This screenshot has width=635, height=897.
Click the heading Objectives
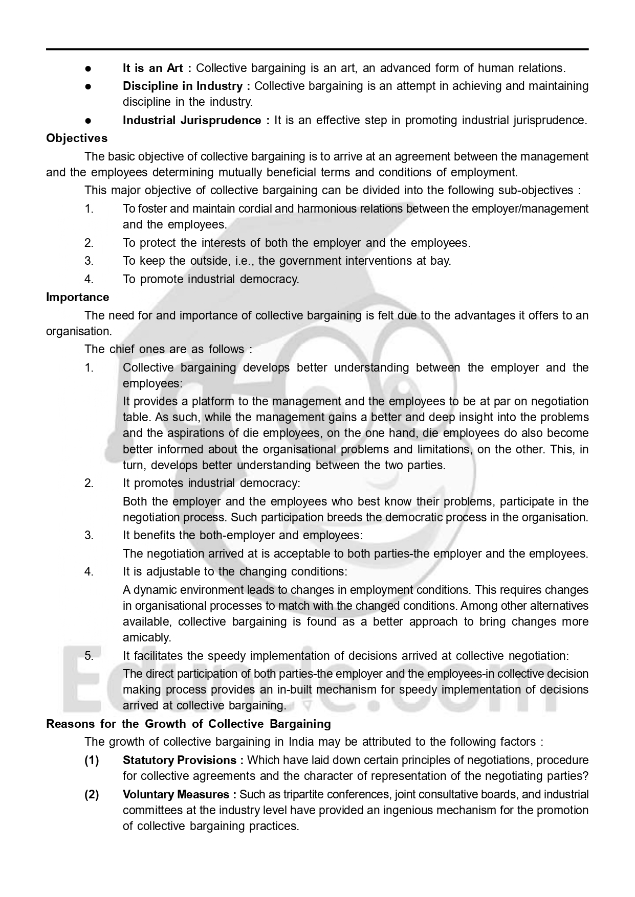[x=77, y=138]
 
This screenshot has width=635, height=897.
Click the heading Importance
[x=77, y=297]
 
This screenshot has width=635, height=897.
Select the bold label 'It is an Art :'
[x=157, y=68]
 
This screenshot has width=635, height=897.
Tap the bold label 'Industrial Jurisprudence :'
[x=196, y=120]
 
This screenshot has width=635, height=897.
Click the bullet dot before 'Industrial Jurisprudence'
[x=89, y=121]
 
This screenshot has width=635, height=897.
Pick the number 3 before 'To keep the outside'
[x=89, y=261]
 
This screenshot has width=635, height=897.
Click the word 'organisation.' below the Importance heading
[x=79, y=331]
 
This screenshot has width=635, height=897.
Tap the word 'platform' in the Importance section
[x=196, y=401]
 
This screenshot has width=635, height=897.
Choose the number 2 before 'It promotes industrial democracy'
[x=89, y=483]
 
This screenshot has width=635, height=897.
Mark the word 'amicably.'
[x=147, y=637]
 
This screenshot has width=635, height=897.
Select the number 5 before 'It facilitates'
[x=89, y=656]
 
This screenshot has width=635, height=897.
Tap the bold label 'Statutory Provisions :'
[x=183, y=760]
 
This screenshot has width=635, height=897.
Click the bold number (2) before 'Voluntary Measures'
[x=92, y=794]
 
